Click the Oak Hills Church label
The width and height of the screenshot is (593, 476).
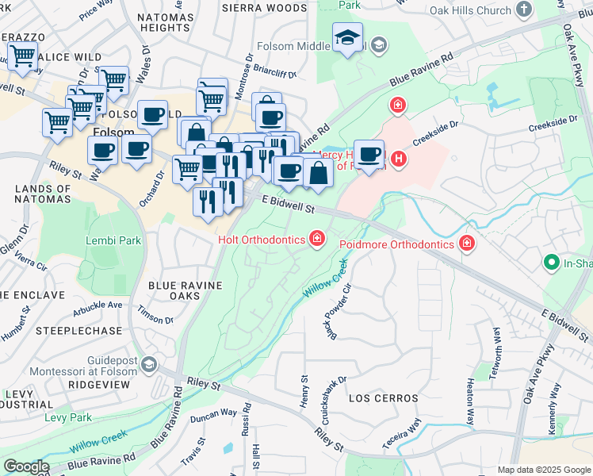(469, 11)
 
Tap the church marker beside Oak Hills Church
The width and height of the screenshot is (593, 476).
(523, 10)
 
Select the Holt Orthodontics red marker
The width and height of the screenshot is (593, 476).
(317, 238)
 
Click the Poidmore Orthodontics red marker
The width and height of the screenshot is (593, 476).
(467, 243)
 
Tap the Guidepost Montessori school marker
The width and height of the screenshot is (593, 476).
(149, 364)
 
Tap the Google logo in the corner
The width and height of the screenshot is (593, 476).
(25, 466)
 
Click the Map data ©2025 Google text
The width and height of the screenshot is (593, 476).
(544, 470)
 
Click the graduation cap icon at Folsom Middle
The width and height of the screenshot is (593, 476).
(347, 39)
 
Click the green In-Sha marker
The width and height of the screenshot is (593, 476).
(551, 261)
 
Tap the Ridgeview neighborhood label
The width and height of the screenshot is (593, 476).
(99, 383)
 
